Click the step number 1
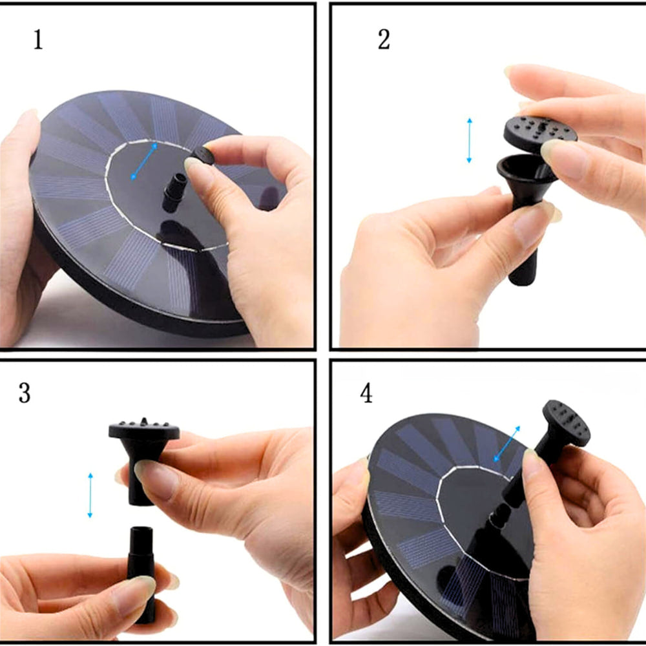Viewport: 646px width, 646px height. coord(38,40)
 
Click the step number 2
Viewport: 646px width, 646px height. coord(384,40)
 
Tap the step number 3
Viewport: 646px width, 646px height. coord(25,393)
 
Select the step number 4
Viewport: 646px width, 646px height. coord(366,393)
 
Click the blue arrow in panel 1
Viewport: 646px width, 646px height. coord(144,161)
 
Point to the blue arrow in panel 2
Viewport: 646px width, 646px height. coord(469,140)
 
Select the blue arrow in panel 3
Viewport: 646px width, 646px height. coord(90,495)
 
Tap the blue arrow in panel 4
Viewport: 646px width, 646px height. coord(506,444)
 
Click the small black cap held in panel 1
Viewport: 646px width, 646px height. coord(203,155)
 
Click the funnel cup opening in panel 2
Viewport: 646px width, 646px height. coord(523,167)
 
